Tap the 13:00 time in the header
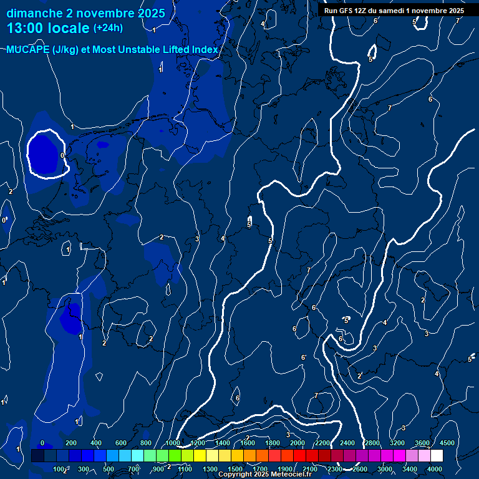click(27, 28)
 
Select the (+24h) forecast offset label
click(107, 28)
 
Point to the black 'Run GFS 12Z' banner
click(394, 11)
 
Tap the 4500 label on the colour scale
click(447, 443)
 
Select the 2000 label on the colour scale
click(298, 443)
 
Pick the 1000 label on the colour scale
click(173, 443)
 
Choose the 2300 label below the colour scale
click(335, 469)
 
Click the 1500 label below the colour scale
click(235, 469)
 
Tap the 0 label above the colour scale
click(42, 443)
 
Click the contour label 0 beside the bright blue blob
click(62, 155)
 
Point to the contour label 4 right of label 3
click(222, 238)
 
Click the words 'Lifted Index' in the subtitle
click(186, 50)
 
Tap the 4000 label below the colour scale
click(435, 469)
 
